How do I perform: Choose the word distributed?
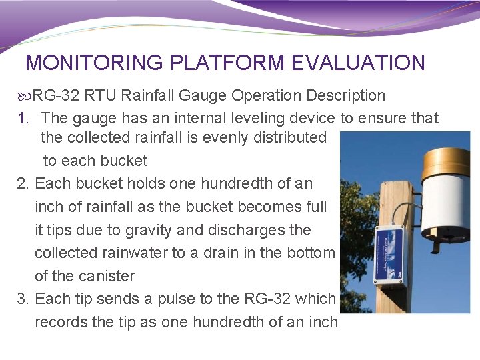tap(287, 138)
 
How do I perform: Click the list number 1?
tap(23, 118)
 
